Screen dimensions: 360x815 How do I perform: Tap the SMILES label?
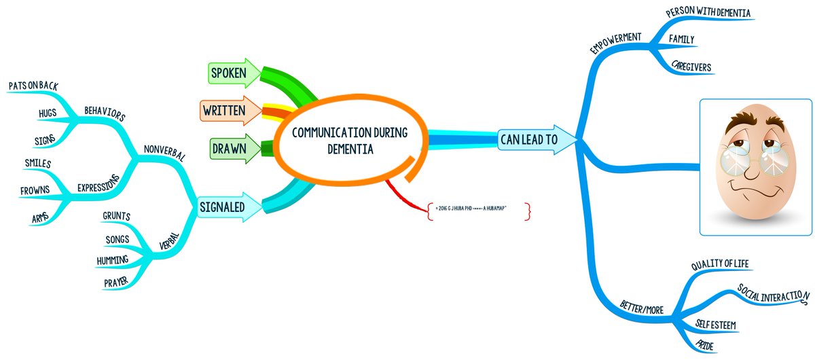click(38, 164)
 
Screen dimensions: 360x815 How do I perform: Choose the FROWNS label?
click(35, 190)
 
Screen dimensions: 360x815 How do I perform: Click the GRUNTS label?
click(116, 217)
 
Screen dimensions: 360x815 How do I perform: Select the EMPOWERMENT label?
click(615, 45)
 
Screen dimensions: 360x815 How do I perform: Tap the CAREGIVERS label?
click(691, 67)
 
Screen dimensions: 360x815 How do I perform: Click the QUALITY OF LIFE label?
click(720, 265)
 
